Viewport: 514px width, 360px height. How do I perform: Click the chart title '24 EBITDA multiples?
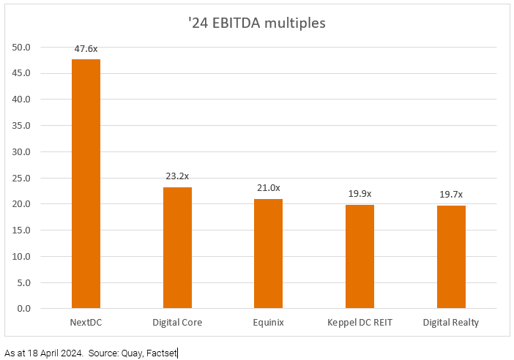tap(256, 23)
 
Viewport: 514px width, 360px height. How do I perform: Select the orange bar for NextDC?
tap(86, 184)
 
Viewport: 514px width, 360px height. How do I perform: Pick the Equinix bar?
tap(268, 253)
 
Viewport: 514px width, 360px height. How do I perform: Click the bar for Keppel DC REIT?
tap(360, 256)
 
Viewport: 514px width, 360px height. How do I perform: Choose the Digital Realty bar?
tap(451, 257)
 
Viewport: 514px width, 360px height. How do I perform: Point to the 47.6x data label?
tap(86, 49)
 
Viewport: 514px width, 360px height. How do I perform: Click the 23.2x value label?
tap(177, 176)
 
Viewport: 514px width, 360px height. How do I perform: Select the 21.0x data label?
tap(268, 188)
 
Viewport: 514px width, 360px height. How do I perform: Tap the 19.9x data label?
tap(360, 194)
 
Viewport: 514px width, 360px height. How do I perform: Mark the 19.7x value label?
tap(451, 195)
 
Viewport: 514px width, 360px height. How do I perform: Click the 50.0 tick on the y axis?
tap(22, 47)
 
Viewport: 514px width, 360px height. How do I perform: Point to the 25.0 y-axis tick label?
tap(22, 178)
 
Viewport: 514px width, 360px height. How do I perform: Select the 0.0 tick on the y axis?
tap(24, 308)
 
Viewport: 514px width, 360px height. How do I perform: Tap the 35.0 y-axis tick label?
tap(22, 125)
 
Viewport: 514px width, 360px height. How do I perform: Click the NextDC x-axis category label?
tap(86, 322)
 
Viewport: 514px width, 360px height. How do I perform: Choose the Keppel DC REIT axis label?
tap(360, 322)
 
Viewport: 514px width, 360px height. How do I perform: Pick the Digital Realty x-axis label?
tap(451, 322)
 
